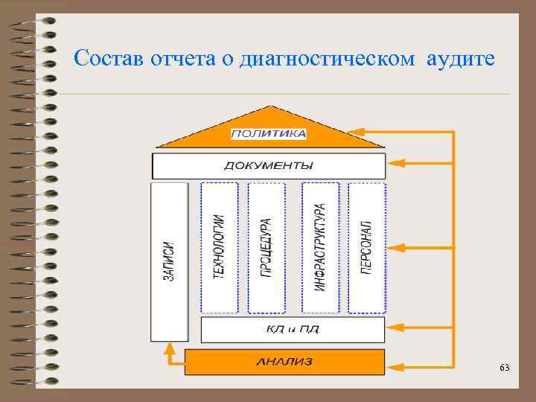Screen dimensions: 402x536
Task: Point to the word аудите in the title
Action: tap(460, 58)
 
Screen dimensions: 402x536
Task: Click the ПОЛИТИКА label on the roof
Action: tap(269, 134)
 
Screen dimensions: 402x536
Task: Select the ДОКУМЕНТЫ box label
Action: tap(269, 165)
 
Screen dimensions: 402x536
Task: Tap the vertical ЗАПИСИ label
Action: tap(169, 261)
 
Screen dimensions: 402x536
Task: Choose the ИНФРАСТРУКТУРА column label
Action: tap(320, 246)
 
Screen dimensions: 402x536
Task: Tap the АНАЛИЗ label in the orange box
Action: tap(284, 362)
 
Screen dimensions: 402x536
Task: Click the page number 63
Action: tap(505, 368)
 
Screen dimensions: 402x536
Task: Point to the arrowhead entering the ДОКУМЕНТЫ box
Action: tap(394, 162)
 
